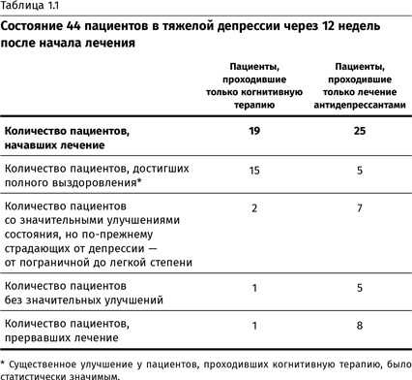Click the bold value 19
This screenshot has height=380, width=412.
(x=253, y=129)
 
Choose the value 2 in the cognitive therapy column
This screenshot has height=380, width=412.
(x=253, y=207)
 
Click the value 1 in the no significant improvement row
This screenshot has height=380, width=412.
(x=253, y=286)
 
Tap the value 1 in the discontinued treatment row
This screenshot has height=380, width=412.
(x=253, y=325)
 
